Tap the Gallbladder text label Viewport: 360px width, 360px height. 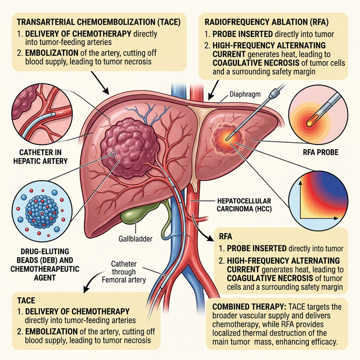136,239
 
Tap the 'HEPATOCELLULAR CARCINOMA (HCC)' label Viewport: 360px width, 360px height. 243,206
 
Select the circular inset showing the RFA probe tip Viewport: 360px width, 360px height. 322,112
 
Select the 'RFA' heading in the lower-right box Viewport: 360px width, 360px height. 225,237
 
